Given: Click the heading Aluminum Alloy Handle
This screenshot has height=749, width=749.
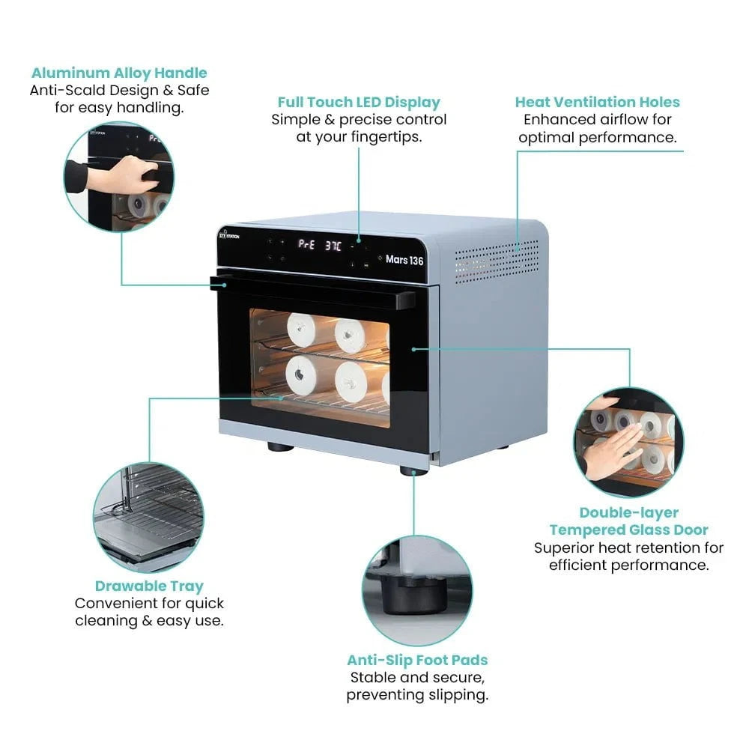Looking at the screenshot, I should coord(119,73).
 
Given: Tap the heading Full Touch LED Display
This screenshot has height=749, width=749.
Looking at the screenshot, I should coord(359,102).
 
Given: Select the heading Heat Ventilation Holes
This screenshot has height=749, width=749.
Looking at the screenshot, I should coord(597,102).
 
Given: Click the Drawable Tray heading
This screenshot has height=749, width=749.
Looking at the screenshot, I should coord(149,586).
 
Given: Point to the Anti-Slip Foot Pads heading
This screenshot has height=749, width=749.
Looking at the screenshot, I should coord(417,660).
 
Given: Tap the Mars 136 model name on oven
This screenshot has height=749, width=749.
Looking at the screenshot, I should coord(404,260).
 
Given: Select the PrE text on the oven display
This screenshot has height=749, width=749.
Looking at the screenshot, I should coord(306,243).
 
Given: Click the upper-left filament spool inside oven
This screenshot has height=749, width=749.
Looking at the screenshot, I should coord(301,330).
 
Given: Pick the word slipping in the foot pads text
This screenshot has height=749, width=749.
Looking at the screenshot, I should coord(457,694).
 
